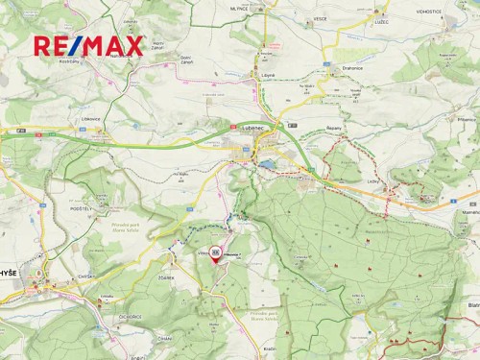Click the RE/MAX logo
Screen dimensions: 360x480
88,45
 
